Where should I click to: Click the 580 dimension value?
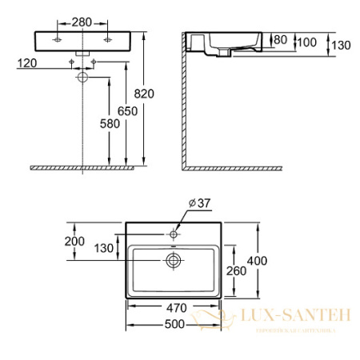pyautogui.click(x=99, y=124)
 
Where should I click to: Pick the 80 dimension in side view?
pyautogui.click(x=279, y=40)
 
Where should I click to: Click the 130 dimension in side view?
pyautogui.click(x=340, y=46)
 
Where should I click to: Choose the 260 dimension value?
pyautogui.click(x=235, y=271)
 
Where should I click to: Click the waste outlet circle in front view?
pyautogui.click(x=83, y=78)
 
